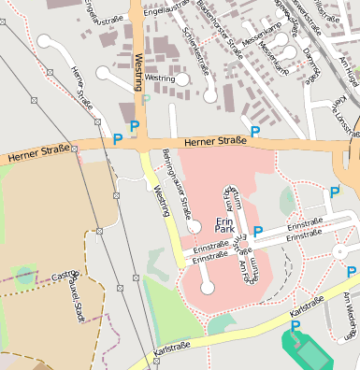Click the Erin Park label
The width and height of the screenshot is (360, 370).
(x=223, y=224)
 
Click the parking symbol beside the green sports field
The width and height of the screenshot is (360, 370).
(x=295, y=326)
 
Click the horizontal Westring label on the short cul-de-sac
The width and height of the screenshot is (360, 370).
(x=160, y=78)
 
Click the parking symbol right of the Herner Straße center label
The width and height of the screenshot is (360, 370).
(x=255, y=132)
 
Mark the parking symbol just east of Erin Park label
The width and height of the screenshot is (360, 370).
(x=258, y=231)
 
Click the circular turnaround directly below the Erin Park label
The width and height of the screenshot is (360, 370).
(x=208, y=288)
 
